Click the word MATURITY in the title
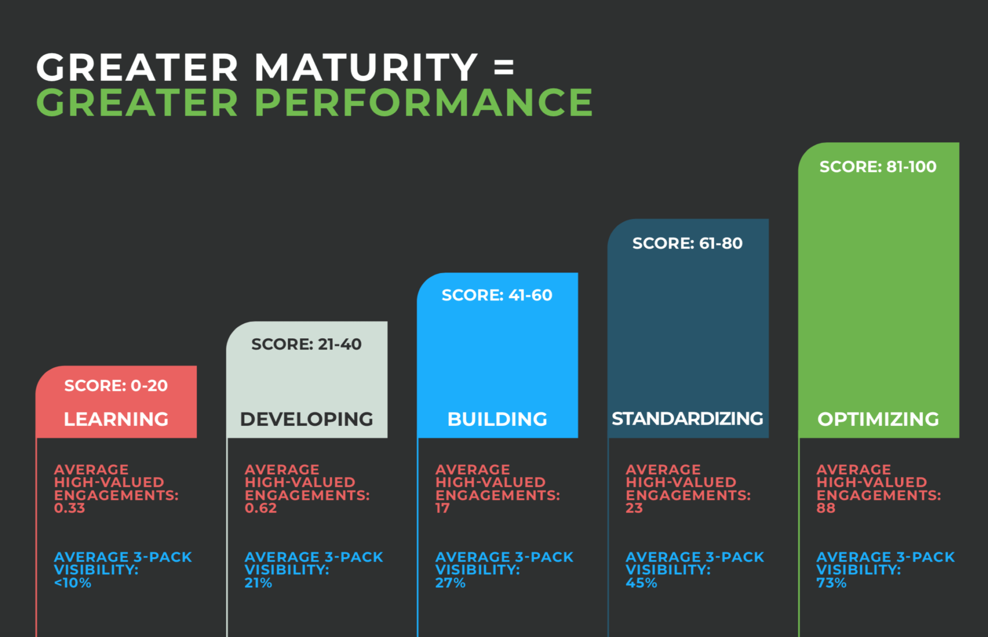coord(366,67)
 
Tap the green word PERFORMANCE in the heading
coord(424,102)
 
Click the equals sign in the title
coord(504,67)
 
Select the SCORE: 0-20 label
coord(116,386)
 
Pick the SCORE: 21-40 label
coord(306,344)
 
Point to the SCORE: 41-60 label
coord(497,295)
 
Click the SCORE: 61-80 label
coord(687,243)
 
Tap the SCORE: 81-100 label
coord(878,167)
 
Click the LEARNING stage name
coord(116,419)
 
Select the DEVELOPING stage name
coord(306,419)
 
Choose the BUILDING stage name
coord(497,419)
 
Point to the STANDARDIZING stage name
coord(687,418)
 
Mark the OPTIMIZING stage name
coord(878,419)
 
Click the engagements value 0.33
coord(69,508)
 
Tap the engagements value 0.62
coord(260,508)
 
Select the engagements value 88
coord(825,508)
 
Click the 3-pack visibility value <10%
coord(73,583)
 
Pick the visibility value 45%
coord(641,583)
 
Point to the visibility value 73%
coord(831,583)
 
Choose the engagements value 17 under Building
coord(442,508)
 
